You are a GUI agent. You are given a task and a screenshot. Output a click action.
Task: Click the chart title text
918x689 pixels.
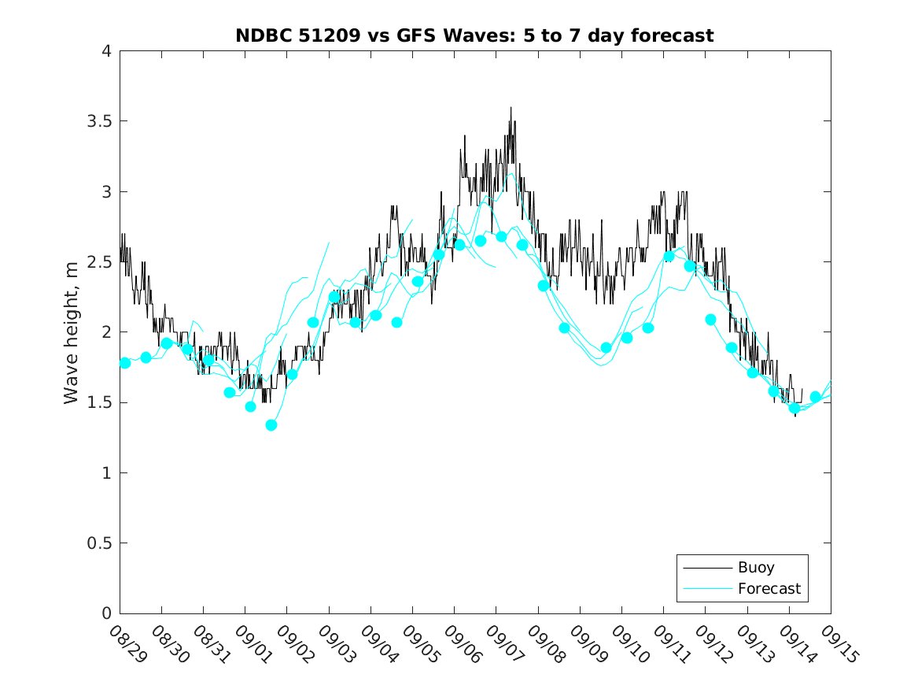474,35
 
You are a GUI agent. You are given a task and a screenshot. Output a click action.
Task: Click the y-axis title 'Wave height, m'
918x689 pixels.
72,332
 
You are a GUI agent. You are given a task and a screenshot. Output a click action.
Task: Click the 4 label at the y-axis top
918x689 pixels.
105,51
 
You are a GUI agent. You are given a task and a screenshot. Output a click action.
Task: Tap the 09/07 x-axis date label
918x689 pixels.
500,645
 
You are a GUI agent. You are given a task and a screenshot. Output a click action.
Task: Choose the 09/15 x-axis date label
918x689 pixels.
835,645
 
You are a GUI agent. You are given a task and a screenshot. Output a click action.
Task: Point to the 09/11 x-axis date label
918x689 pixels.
668,645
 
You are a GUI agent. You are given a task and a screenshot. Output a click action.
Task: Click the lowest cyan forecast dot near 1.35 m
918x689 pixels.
271,425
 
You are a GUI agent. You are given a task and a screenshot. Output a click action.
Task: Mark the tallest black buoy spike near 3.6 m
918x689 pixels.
511,109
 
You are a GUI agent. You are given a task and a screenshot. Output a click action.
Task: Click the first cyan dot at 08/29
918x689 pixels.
125,363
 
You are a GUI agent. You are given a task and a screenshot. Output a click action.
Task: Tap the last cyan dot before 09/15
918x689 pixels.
815,397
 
